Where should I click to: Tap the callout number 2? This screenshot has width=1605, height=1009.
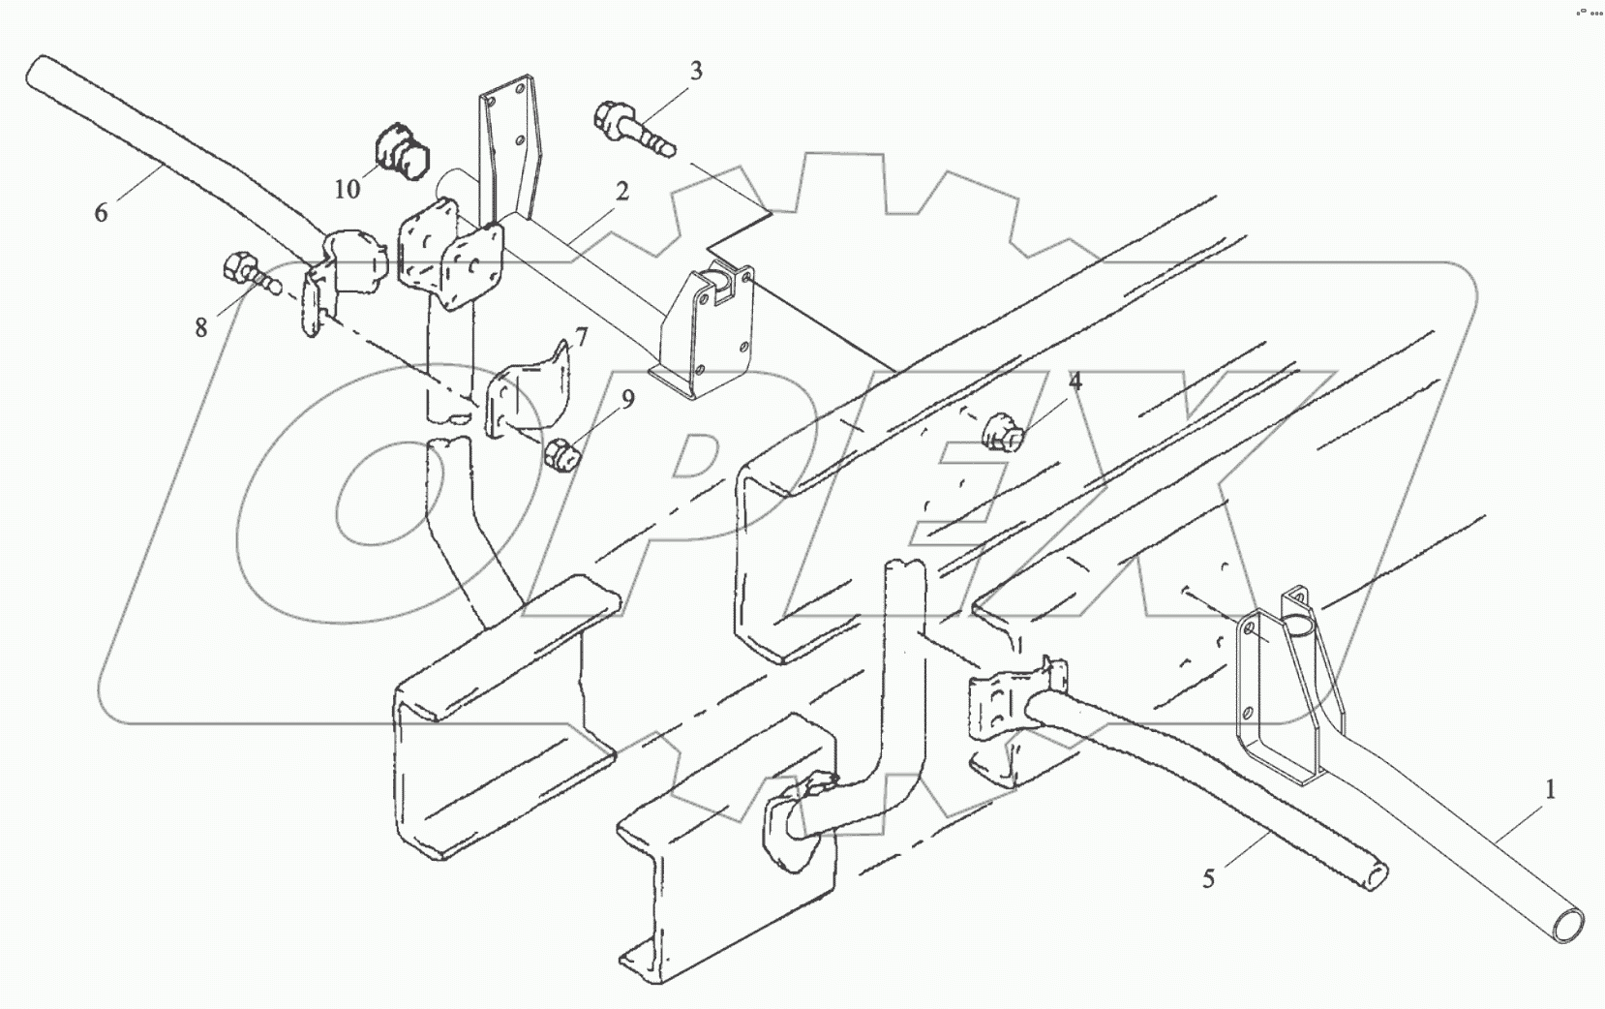[620, 192]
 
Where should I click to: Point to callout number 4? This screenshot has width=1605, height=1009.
[1075, 382]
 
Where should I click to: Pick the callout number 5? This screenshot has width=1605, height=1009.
[1208, 879]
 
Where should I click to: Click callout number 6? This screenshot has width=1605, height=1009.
[101, 211]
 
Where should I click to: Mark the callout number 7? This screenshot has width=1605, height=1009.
[580, 337]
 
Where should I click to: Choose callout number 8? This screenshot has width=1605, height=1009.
[200, 328]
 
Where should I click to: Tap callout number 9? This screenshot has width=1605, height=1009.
[627, 399]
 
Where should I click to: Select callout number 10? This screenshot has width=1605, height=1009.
[347, 189]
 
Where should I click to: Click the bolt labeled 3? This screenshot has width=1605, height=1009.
[630, 127]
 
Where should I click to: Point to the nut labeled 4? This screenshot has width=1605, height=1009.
[1001, 431]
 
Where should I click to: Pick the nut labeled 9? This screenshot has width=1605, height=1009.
[560, 453]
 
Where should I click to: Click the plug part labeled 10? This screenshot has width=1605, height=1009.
[401, 151]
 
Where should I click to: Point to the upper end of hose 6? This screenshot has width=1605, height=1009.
[41, 70]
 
